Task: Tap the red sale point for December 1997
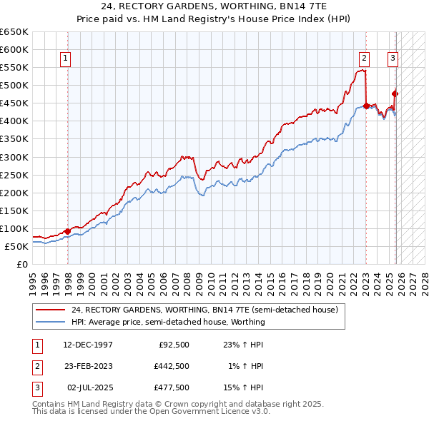(67, 231)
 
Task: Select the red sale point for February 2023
(366, 106)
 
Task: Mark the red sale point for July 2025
(395, 93)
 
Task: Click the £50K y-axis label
(16, 246)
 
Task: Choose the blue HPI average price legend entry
(168, 322)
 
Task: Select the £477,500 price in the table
(172, 388)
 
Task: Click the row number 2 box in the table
(35, 366)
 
